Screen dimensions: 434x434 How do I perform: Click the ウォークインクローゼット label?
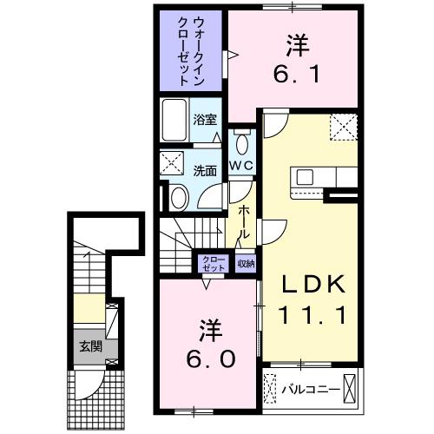pos(191,51)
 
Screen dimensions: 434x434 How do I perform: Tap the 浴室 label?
pos(205,119)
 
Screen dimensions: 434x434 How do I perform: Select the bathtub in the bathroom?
pos(174,120)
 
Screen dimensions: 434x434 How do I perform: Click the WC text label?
pos(241,166)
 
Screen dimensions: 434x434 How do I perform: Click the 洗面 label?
pos(205,171)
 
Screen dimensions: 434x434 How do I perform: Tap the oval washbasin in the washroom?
pos(178,198)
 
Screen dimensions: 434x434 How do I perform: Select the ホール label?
pos(244,222)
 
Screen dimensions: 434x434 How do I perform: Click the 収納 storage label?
pos(246,264)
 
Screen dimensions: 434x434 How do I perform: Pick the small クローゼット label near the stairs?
pos(214,264)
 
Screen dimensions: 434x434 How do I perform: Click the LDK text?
pos(313,284)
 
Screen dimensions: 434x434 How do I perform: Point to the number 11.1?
pos(312,315)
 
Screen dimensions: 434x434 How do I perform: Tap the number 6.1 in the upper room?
pos(296,74)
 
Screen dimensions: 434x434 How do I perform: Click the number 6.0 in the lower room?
pos(210,358)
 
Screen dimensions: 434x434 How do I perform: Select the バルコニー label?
pos(311,390)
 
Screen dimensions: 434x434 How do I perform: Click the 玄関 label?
pos(91,346)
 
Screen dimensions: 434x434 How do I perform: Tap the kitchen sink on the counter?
pos(305,177)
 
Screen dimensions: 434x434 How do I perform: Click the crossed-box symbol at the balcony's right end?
pos(349,389)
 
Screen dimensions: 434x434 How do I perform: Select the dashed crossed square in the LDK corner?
pos(344,128)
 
